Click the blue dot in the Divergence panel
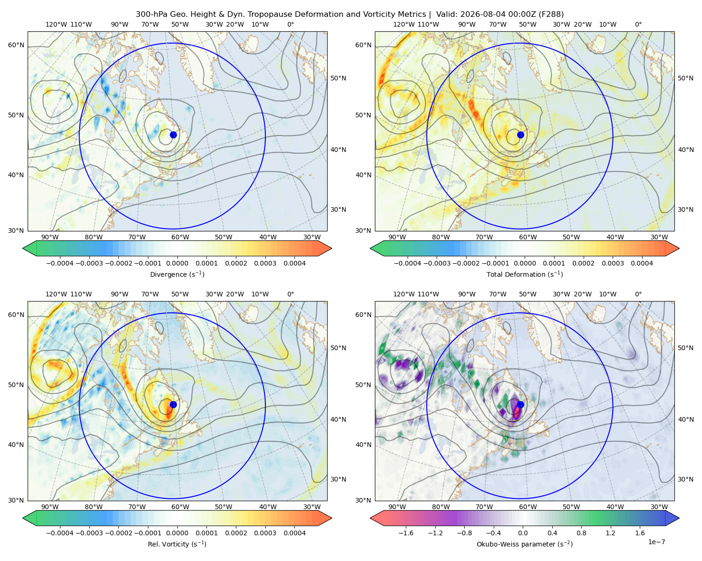[x=173, y=135]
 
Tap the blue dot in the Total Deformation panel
[x=520, y=135]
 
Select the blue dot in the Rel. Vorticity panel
[x=173, y=404]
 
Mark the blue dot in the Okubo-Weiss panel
[x=520, y=404]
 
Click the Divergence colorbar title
[x=177, y=274]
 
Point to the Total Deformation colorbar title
[x=525, y=274]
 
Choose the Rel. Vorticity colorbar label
[x=177, y=544]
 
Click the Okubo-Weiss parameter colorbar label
[x=525, y=544]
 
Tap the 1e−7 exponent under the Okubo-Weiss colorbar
[x=656, y=542]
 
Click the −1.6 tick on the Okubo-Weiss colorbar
[x=406, y=533]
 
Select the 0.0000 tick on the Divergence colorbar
[x=177, y=263]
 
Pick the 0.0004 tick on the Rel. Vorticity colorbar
[x=294, y=533]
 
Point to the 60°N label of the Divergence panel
[x=16, y=45]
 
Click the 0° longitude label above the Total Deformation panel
[x=638, y=24]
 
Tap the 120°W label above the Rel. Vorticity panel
[x=56, y=294]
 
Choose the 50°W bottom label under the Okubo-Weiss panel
[x=571, y=507]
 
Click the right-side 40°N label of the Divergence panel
[x=338, y=150]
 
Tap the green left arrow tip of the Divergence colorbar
[x=23, y=248]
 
